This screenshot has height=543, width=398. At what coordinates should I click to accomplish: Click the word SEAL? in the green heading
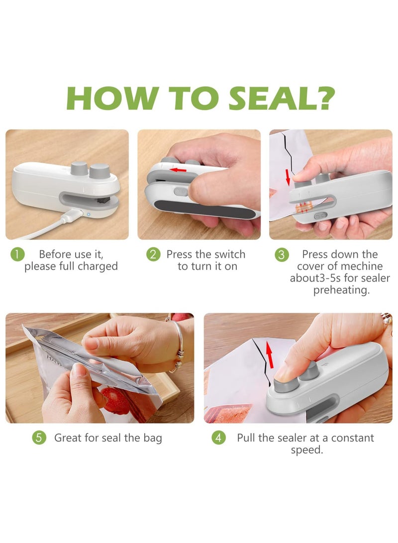[282, 98]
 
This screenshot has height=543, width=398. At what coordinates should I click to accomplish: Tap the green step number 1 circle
[17, 254]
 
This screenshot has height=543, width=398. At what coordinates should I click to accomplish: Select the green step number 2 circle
[153, 254]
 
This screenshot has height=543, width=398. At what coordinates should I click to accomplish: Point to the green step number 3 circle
[282, 255]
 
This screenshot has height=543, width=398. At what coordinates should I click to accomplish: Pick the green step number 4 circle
[218, 438]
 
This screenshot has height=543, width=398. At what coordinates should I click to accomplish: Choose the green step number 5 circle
[39, 438]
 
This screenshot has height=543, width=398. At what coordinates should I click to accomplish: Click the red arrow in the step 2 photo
[179, 170]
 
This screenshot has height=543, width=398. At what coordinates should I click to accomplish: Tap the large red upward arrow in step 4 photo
[270, 353]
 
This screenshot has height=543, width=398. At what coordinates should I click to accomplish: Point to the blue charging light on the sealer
[89, 215]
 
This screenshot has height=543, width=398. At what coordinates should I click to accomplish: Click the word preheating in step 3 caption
[341, 290]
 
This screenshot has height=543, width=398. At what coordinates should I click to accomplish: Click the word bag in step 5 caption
[153, 439]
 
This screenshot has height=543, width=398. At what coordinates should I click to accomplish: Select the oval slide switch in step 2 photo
[181, 192]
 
